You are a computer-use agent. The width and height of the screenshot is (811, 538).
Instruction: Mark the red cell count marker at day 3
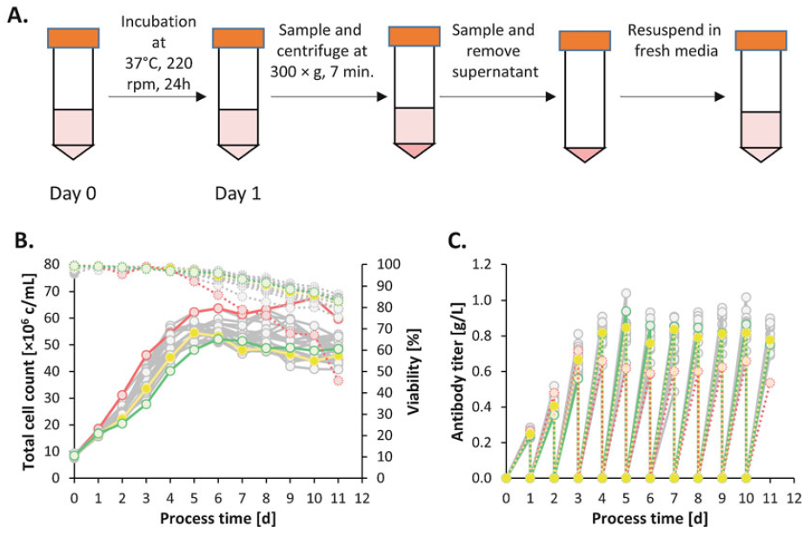[x=147, y=355]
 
